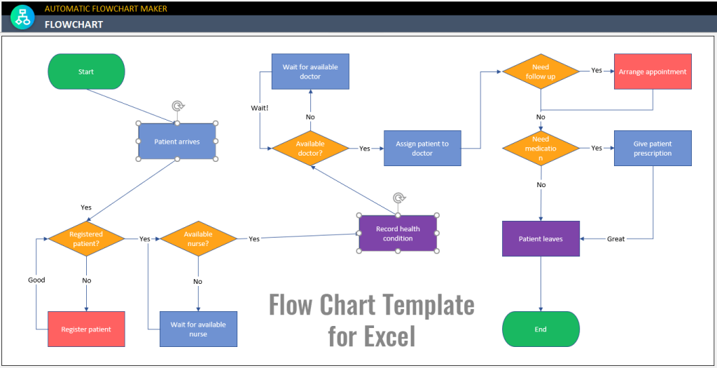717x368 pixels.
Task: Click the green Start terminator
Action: pyautogui.click(x=86, y=71)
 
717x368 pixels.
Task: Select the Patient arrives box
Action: pyautogui.click(x=177, y=142)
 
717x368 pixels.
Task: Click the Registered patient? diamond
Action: pyautogui.click(x=86, y=238)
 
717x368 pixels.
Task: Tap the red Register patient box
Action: pyautogui.click(x=86, y=329)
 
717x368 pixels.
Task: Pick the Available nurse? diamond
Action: pyautogui.click(x=198, y=238)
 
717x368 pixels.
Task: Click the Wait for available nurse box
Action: pyautogui.click(x=198, y=329)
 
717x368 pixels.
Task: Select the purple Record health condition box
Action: pyautogui.click(x=398, y=233)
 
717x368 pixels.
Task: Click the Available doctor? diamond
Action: pyautogui.click(x=310, y=148)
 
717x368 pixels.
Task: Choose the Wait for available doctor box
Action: pyautogui.click(x=310, y=71)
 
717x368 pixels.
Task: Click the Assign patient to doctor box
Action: pyautogui.click(x=422, y=148)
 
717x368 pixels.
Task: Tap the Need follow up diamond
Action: pyautogui.click(x=541, y=71)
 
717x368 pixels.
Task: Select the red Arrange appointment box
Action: pyautogui.click(x=653, y=71)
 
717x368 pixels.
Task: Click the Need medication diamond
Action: pyautogui.click(x=541, y=148)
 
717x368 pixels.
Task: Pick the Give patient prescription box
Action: pyautogui.click(x=653, y=148)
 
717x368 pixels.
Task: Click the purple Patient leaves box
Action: pyautogui.click(x=541, y=238)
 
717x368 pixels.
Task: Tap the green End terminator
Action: pyautogui.click(x=541, y=329)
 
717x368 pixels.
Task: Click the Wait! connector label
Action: pyautogui.click(x=259, y=108)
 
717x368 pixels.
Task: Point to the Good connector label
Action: pyautogui.click(x=36, y=280)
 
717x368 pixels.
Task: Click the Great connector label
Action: pyautogui.click(x=615, y=239)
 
